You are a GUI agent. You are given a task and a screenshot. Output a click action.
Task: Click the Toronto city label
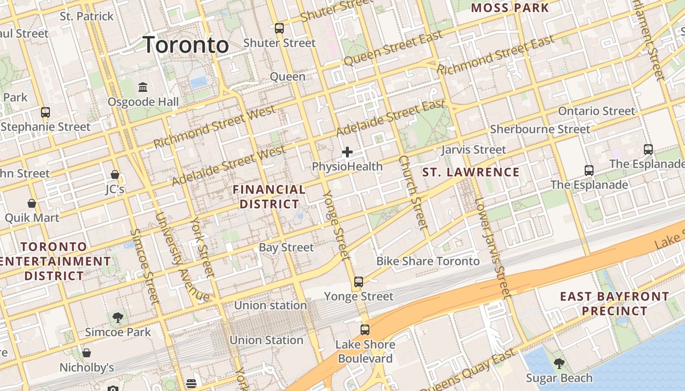(186, 45)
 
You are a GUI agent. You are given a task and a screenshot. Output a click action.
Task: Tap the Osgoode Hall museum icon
(143, 87)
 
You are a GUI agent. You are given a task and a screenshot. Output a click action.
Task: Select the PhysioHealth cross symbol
(347, 152)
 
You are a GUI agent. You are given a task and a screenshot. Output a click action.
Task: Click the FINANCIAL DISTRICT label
(269, 196)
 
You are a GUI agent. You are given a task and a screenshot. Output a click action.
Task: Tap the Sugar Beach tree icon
(559, 364)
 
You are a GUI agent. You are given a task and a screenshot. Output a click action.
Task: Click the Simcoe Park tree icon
(117, 318)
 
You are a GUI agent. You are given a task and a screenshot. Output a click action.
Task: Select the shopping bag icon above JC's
(115, 174)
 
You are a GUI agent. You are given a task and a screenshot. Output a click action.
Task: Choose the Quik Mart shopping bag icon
(32, 203)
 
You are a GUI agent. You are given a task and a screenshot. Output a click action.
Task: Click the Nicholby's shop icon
(87, 352)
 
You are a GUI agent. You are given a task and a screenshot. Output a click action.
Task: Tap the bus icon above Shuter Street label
(279, 28)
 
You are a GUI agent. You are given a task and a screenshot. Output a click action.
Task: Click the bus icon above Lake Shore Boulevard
(365, 329)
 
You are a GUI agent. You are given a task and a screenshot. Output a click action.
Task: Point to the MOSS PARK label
(510, 8)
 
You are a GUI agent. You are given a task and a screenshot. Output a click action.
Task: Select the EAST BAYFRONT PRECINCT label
(615, 304)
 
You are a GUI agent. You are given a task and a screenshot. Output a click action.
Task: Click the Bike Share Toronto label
(428, 261)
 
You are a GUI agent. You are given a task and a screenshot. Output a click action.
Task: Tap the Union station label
(270, 305)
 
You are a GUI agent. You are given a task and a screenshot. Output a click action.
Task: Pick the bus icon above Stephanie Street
(46, 112)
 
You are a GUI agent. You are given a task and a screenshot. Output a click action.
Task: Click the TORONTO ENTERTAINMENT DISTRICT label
(54, 261)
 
